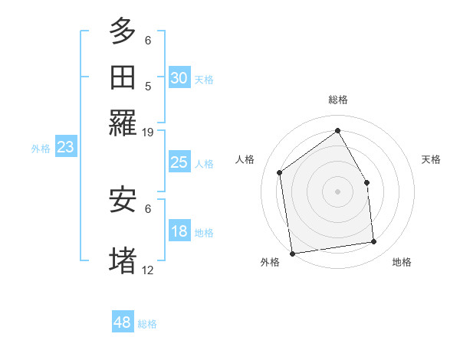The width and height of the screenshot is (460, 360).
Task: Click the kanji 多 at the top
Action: (123, 31)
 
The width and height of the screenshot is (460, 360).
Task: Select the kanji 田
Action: (123, 77)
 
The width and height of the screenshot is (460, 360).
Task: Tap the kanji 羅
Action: (123, 123)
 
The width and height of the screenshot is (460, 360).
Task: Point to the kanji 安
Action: (123, 200)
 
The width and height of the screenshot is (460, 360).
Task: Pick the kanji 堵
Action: (123, 258)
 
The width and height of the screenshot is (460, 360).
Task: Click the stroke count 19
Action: (148, 132)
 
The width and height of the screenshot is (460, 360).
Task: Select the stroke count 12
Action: (148, 270)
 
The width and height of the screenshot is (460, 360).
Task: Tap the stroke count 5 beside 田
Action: (148, 86)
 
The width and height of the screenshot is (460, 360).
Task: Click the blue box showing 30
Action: (179, 78)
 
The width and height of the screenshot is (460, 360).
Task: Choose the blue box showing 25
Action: (179, 162)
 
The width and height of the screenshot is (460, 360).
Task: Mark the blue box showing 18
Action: (179, 232)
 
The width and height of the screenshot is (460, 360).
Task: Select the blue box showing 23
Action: (65, 147)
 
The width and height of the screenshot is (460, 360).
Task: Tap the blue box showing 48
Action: (123, 322)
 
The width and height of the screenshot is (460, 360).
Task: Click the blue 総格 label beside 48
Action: (148, 324)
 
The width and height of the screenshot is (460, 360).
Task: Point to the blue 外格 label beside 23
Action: (41, 149)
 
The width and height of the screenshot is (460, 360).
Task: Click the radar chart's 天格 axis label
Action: (431, 159)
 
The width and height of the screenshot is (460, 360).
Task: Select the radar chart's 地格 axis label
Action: (402, 262)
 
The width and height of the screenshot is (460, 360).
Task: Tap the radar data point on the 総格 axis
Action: (337, 131)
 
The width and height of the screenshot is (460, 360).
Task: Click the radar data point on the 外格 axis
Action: (292, 253)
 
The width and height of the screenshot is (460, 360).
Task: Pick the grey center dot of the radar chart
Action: (337, 191)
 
